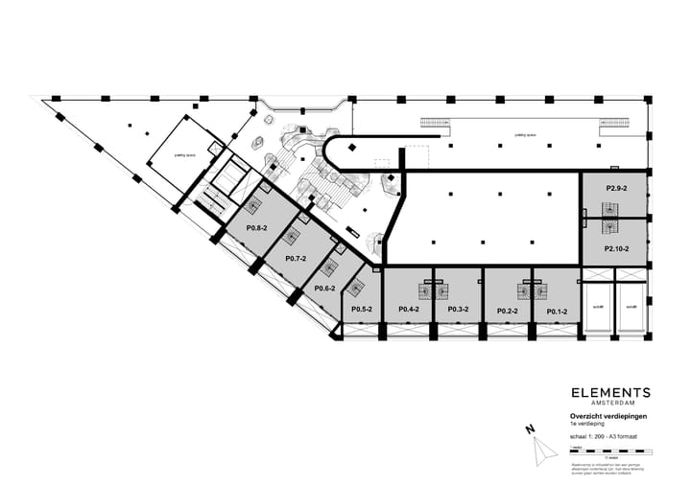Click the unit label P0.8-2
pos(255,228)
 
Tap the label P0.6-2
pos(325,288)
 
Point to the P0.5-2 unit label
pos(361,310)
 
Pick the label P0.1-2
pos(557,311)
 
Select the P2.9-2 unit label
pos(615,189)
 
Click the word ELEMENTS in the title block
pos(610,393)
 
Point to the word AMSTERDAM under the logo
pos(610,404)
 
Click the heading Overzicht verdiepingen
pos(608,416)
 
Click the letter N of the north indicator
pos(529,430)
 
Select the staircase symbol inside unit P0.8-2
pos(253,206)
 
